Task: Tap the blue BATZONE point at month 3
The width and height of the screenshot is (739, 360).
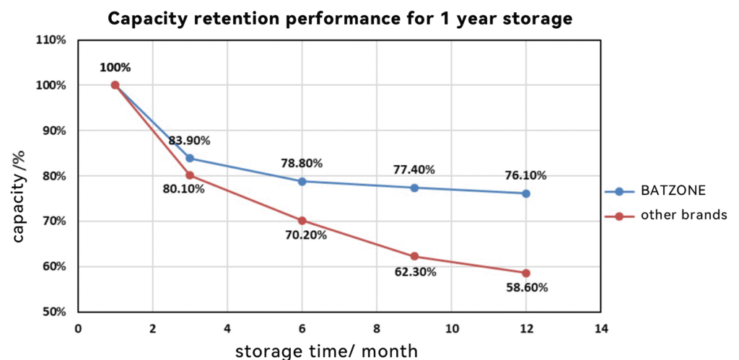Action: click(190, 158)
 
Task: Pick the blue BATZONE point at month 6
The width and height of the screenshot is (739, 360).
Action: click(302, 181)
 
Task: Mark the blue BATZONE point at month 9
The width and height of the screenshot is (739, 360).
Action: click(414, 188)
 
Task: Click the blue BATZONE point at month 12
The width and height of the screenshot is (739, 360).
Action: click(526, 193)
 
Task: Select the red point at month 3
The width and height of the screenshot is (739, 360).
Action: click(190, 175)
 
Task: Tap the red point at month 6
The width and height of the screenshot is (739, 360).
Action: click(302, 220)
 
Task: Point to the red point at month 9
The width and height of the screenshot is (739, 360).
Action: click(414, 256)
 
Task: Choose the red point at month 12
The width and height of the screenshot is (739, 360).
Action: click(526, 273)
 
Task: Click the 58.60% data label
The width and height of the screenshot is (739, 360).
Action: click(526, 288)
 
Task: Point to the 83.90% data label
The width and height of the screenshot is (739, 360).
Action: click(190, 141)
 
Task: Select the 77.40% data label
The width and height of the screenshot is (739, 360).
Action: click(414, 170)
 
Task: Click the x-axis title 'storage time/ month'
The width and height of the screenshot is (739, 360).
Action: click(326, 351)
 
